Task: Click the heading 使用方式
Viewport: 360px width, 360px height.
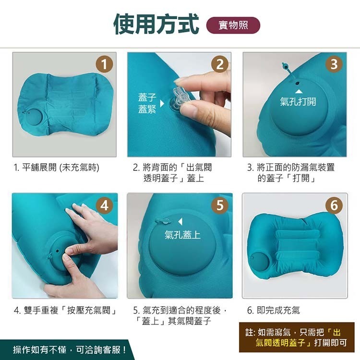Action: (x=156, y=24)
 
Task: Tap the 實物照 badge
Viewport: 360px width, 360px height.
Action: (x=233, y=25)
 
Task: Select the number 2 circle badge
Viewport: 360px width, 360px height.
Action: (x=220, y=64)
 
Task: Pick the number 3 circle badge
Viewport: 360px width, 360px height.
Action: (x=335, y=64)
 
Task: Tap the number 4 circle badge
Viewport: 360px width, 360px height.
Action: (x=105, y=205)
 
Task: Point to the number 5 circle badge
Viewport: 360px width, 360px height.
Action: (x=220, y=205)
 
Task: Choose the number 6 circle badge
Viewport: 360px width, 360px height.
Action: (x=335, y=205)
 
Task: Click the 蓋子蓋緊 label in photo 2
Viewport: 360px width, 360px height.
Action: (x=147, y=104)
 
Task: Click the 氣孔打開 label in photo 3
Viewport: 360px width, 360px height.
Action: (x=298, y=102)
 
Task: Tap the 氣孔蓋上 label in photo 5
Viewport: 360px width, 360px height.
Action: (x=182, y=235)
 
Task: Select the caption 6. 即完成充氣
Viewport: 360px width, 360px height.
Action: (x=274, y=311)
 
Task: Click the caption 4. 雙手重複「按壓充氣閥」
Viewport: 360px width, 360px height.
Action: (x=66, y=311)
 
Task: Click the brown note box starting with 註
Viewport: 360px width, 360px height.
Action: (x=296, y=337)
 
